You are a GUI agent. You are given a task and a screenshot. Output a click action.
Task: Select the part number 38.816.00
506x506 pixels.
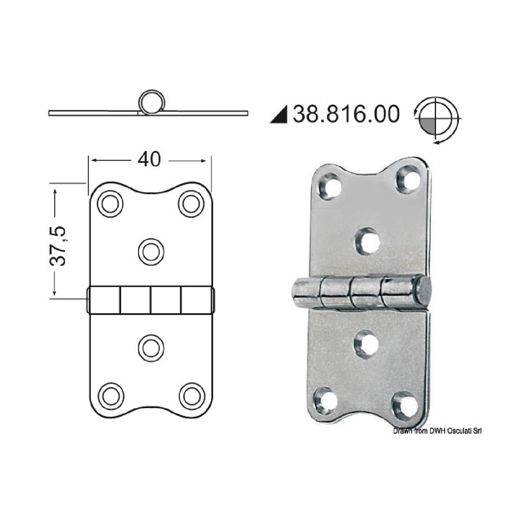click(x=346, y=114)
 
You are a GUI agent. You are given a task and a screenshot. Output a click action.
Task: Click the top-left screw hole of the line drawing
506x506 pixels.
click(x=110, y=204)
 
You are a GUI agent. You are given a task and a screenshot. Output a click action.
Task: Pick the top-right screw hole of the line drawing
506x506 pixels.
click(x=191, y=204)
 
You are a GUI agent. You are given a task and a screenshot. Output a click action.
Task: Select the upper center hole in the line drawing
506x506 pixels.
click(x=151, y=251)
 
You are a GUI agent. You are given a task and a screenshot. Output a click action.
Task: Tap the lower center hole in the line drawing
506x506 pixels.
click(x=151, y=347)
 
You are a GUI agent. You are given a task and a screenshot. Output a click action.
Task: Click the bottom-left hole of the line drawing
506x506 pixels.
click(x=110, y=395)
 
